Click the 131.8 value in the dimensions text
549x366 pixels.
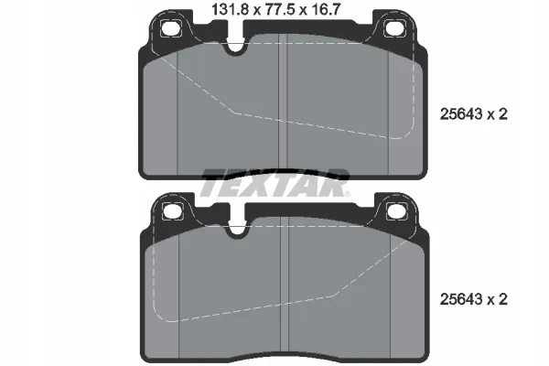coord(230,9)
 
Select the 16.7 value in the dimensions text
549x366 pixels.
coord(325,9)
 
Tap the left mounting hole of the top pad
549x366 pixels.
coord(171,28)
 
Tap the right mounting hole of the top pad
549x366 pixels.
coord(394,28)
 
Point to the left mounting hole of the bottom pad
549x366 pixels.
coord(173,211)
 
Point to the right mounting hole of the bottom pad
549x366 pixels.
coord(397,211)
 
